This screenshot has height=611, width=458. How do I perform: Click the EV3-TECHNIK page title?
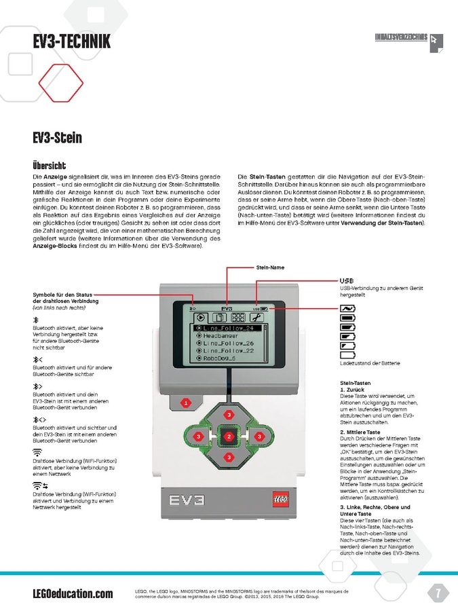click(71, 43)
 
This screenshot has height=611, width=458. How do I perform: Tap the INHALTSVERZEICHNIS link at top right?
click(401, 37)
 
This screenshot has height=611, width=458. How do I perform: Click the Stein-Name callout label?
click(270, 267)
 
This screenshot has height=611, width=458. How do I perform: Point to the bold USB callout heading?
click(346, 280)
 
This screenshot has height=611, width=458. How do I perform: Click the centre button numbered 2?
click(229, 436)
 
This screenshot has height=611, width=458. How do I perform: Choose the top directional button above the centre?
click(229, 414)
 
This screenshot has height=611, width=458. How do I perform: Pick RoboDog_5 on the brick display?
click(218, 358)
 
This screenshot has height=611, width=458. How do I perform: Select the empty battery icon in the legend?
click(347, 354)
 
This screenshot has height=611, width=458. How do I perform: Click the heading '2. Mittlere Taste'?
click(360, 432)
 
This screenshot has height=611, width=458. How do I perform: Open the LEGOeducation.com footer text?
click(73, 594)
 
